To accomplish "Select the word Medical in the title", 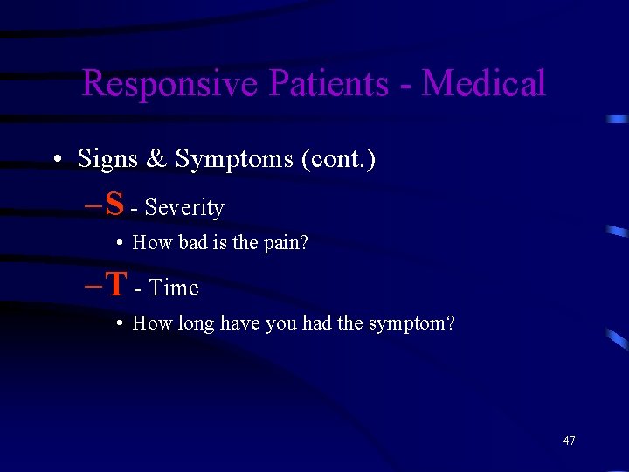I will pyautogui.click(x=484, y=84).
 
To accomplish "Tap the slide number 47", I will pyautogui.click(x=569, y=441).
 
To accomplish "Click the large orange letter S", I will pyautogui.click(x=114, y=205).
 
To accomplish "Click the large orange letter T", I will pyautogui.click(x=116, y=285).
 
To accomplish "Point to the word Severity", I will pyautogui.click(x=184, y=208).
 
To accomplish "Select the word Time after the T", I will pyautogui.click(x=174, y=288).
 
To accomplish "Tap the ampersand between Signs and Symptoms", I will pyautogui.click(x=157, y=159).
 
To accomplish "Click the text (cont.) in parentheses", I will pyautogui.click(x=338, y=159).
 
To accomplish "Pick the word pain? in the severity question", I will pyautogui.click(x=284, y=243).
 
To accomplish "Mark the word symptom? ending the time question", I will pyautogui.click(x=411, y=323).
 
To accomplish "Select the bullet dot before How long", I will pyautogui.click(x=118, y=324).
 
